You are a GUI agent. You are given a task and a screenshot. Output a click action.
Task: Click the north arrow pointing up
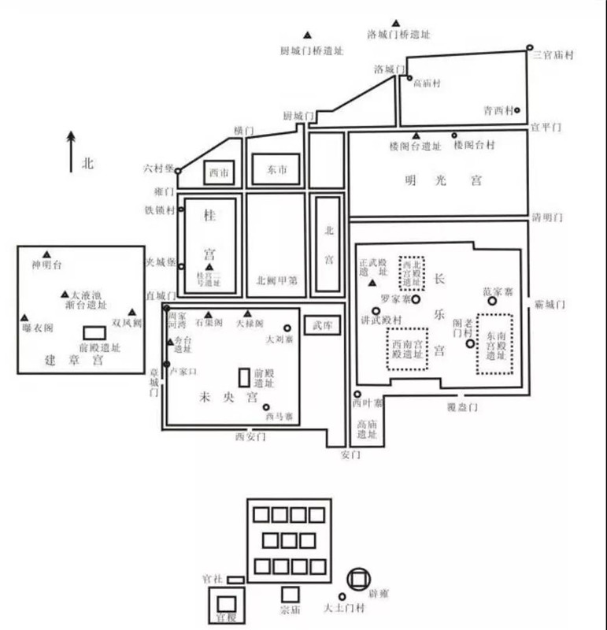point(71,150)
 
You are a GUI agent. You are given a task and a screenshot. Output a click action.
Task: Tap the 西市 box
point(219,172)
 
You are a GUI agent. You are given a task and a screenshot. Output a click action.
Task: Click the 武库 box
point(322,324)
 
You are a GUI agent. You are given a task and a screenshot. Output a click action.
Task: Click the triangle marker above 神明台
point(46,254)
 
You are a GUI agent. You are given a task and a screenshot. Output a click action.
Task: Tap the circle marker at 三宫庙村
point(530,47)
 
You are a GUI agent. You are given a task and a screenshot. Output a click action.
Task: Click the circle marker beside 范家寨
point(492,301)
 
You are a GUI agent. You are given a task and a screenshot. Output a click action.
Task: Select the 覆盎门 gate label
point(462,406)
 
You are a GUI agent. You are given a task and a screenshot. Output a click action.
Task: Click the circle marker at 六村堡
point(178,170)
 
